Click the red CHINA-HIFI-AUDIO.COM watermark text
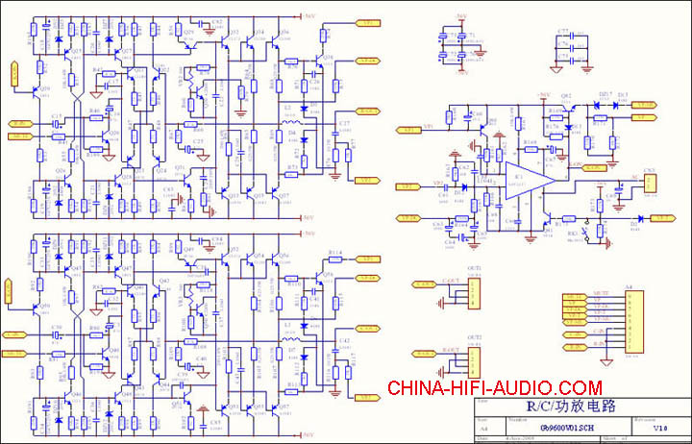(x=494, y=388)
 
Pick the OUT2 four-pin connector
(x=473, y=360)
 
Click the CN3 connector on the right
(x=650, y=182)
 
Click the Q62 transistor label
(x=566, y=97)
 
